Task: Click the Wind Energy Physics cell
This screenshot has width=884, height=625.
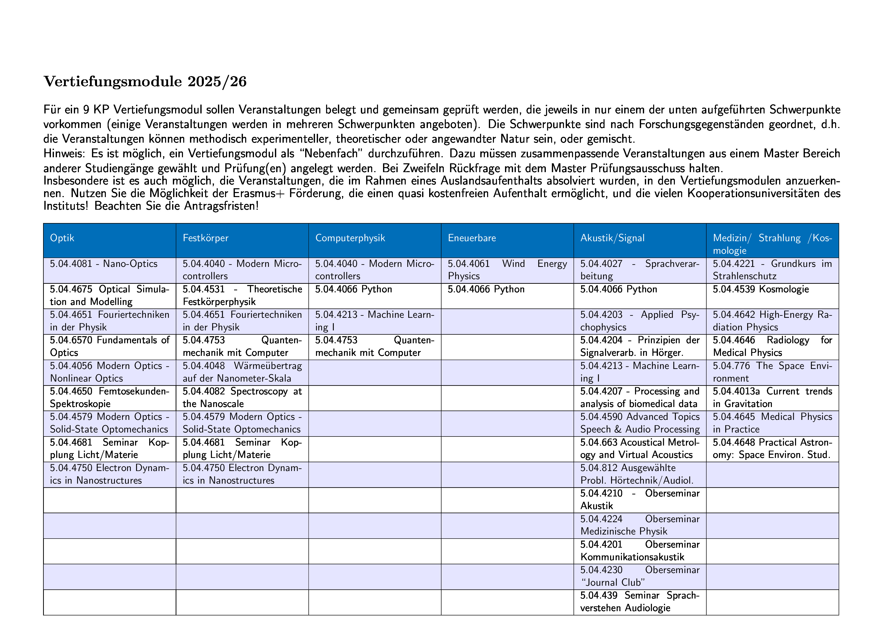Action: click(507, 270)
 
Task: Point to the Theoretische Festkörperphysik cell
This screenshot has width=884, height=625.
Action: click(242, 295)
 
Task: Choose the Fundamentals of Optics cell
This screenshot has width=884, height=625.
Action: click(110, 346)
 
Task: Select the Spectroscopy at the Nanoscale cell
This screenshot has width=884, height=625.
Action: click(242, 397)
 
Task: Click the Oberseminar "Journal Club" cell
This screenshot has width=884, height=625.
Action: click(640, 576)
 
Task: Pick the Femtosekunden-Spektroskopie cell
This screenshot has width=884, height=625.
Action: click(110, 397)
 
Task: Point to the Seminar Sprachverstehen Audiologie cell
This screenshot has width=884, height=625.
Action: click(640, 602)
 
